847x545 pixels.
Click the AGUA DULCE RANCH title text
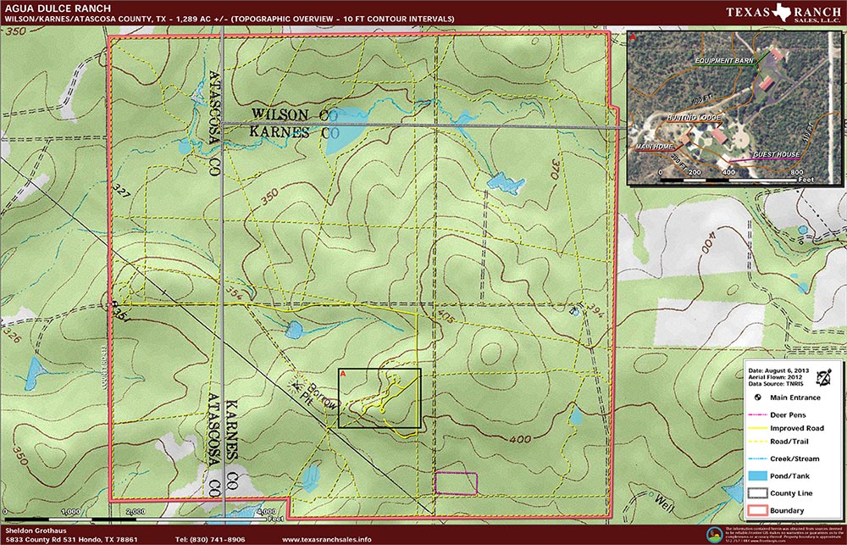(x=53, y=9)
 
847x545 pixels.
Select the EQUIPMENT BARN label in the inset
(x=724, y=62)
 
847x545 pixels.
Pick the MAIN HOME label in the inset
(x=654, y=147)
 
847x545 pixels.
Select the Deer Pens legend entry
(x=789, y=415)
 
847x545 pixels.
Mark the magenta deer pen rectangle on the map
(x=456, y=482)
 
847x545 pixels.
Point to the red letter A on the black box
(x=342, y=373)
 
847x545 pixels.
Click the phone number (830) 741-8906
(x=210, y=539)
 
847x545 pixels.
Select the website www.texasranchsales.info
(x=326, y=539)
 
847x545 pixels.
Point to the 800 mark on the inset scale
(x=795, y=172)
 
